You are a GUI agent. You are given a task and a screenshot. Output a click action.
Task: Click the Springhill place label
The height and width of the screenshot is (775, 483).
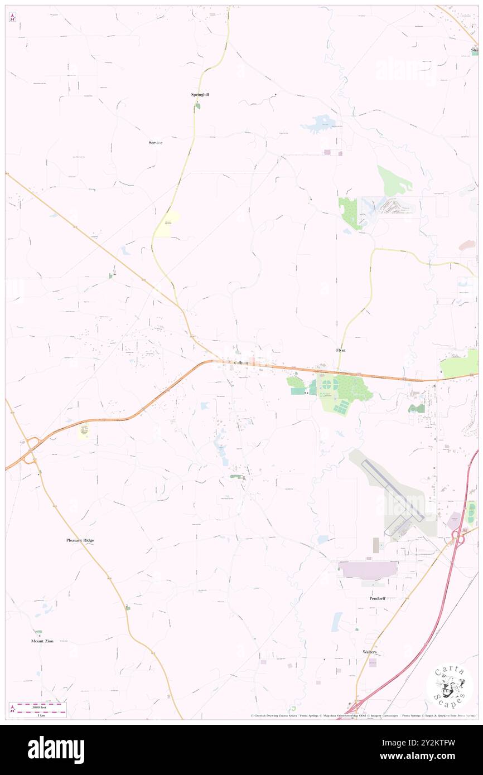(200, 95)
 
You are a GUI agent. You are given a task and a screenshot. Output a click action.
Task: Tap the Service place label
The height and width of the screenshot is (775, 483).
(156, 143)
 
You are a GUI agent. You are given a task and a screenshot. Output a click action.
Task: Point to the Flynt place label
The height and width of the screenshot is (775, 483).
(341, 350)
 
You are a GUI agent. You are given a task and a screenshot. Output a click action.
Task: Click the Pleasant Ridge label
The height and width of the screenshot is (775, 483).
(80, 540)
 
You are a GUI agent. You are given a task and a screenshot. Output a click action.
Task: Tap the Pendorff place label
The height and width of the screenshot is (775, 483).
(378, 598)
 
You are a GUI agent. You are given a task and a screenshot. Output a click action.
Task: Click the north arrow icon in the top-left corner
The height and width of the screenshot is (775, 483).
(12, 17)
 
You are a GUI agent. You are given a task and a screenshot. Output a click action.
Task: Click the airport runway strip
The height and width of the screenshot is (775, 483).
(393, 491)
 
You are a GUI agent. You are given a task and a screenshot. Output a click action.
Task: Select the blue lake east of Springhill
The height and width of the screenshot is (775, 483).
(319, 123)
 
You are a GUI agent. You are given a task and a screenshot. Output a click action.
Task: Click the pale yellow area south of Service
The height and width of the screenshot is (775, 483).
(167, 225)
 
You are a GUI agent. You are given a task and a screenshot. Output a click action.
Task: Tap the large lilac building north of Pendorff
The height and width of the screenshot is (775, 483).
(368, 569)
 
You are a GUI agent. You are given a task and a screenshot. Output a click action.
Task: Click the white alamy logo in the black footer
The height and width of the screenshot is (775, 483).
(56, 750)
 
